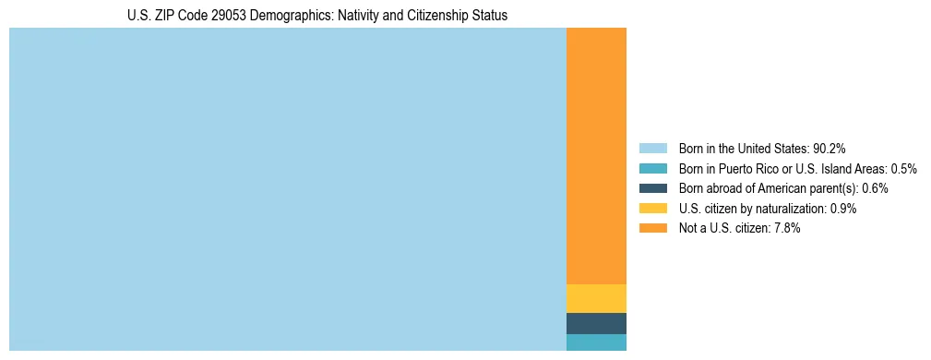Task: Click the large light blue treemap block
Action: (x=287, y=189)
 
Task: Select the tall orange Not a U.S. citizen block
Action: (x=596, y=156)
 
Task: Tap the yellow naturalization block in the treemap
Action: (x=596, y=298)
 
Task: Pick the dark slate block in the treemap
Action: (x=596, y=323)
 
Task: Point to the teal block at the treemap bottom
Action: (x=596, y=342)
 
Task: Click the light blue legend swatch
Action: (x=652, y=148)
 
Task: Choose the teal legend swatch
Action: (x=652, y=168)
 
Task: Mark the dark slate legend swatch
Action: (x=652, y=187)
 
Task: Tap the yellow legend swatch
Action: (x=652, y=208)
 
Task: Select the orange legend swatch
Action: (x=652, y=228)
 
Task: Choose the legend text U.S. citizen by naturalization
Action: (x=752, y=209)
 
